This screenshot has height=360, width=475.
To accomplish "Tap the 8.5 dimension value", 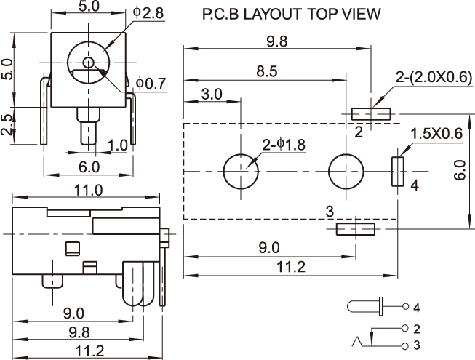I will (266, 71).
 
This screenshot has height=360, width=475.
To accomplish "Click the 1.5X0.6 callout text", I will (436, 134).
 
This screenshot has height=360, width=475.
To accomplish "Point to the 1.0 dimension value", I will (119, 145).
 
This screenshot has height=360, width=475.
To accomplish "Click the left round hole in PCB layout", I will (241, 172).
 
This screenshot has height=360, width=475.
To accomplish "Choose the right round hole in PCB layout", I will (346, 172).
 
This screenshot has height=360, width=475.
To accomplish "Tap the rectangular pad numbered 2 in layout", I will (371, 114).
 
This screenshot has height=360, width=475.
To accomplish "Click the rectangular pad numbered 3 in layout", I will (355, 230).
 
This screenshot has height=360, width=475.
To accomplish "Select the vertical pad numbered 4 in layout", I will (398, 172).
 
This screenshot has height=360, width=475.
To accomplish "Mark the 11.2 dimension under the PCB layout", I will (290, 268).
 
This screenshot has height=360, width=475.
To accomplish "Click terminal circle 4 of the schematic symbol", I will (404, 306).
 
